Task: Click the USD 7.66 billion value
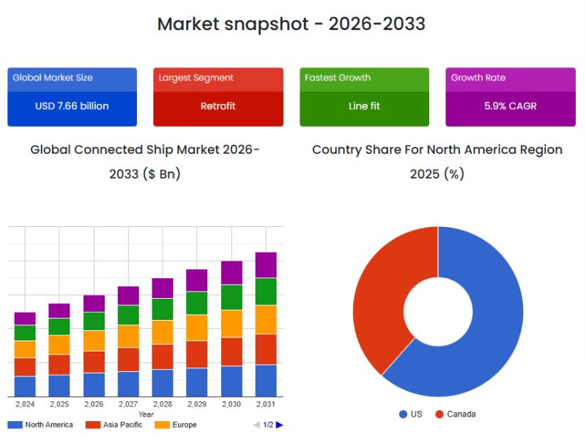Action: tap(72, 106)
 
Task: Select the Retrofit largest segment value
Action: tap(218, 106)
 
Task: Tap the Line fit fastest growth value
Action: tap(364, 106)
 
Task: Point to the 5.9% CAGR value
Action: tap(511, 106)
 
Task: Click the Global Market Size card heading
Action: tap(53, 78)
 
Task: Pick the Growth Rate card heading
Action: tap(478, 78)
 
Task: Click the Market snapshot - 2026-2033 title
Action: tap(292, 23)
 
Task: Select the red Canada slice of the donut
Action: tap(377, 293)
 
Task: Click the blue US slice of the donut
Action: tap(491, 322)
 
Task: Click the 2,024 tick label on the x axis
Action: tap(25, 404)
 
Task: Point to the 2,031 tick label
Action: tap(266, 404)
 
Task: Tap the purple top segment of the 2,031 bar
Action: tap(266, 265)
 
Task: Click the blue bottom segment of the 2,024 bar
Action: tap(25, 386)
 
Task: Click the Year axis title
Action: tap(146, 414)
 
